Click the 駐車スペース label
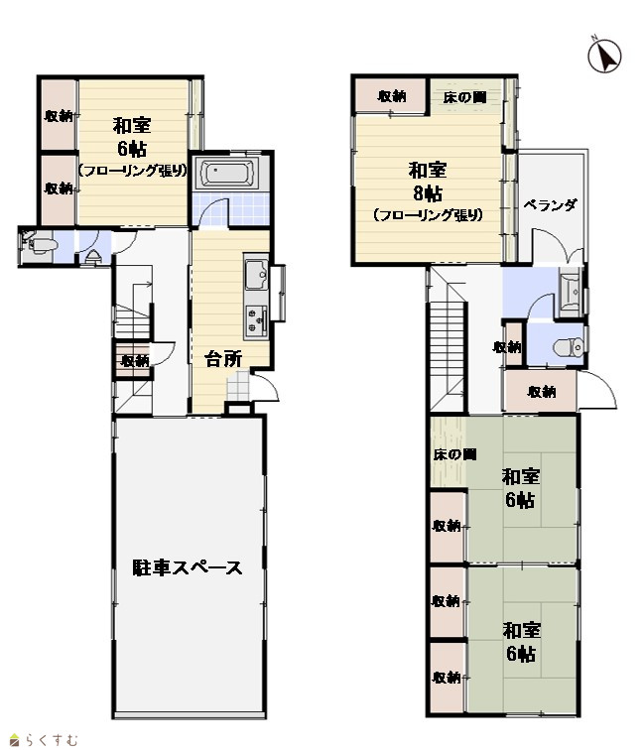click(x=188, y=567)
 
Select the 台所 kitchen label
click(x=223, y=358)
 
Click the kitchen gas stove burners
click(x=256, y=319)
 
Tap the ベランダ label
click(x=550, y=205)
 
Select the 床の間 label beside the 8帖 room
click(x=464, y=97)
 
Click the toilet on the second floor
click(x=569, y=347)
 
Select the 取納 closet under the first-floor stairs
click(x=134, y=360)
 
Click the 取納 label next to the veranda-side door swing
click(x=542, y=392)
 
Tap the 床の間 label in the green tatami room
click(x=455, y=454)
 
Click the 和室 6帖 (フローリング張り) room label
click(x=132, y=147)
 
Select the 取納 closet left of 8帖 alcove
click(x=390, y=95)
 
